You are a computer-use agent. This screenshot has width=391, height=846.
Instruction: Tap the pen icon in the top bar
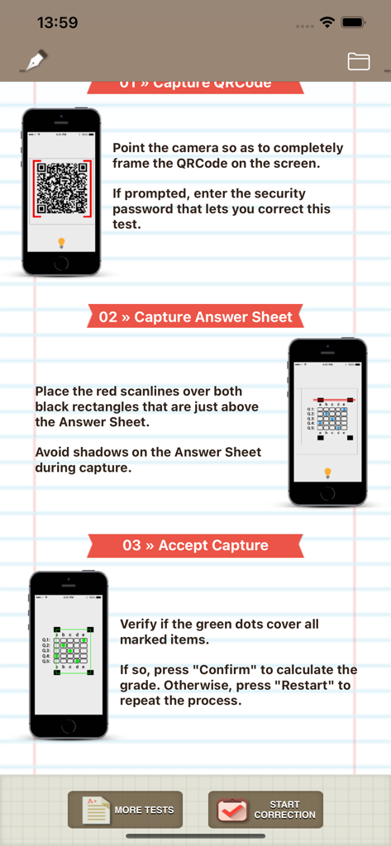[x=34, y=61]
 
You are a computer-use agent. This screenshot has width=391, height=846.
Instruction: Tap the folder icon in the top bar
[x=359, y=61]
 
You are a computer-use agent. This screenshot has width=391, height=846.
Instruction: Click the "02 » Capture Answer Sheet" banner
[x=195, y=317]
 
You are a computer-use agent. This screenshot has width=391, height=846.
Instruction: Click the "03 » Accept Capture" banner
[x=195, y=545]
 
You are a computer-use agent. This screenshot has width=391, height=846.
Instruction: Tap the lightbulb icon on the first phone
[x=61, y=243]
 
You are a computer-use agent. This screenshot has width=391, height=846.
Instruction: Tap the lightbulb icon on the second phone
[x=327, y=473]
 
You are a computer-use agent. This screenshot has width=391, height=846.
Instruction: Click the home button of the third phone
[x=69, y=726]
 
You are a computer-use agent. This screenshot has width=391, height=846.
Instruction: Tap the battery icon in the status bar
[x=354, y=22]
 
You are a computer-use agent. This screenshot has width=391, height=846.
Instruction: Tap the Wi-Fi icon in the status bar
[x=327, y=22]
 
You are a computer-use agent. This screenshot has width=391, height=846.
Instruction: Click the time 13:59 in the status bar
[x=57, y=23]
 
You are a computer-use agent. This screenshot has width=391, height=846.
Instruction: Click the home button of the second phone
[x=327, y=493]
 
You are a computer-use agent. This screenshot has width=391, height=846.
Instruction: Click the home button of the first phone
[x=61, y=264]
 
